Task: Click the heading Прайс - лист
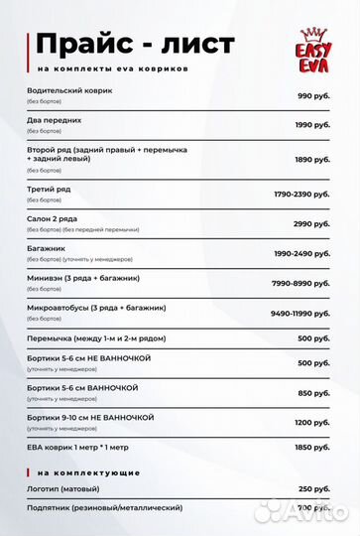point(135,44)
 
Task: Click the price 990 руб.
point(313,95)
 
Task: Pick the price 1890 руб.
point(312,159)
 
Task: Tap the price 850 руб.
point(314,393)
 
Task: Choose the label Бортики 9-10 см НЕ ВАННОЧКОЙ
point(91,417)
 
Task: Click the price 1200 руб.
point(312,422)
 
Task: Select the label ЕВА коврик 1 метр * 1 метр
point(82,447)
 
